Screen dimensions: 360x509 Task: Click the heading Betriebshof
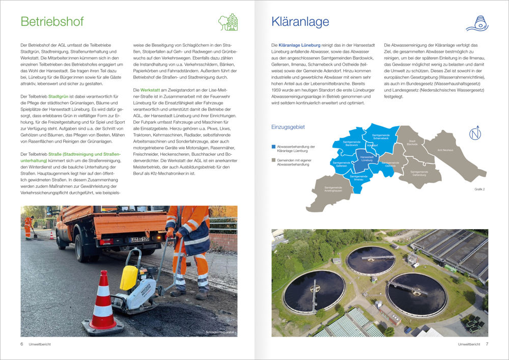pos(52,22)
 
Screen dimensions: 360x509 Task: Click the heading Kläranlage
pos(300,22)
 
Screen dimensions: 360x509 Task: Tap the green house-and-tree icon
pos(228,22)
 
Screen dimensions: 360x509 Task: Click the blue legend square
pos(273,147)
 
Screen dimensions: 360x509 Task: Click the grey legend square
pos(273,159)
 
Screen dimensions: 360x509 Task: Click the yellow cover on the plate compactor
pos(130,277)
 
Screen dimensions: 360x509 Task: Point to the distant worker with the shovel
pos(29,227)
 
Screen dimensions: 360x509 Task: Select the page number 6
pos(21,344)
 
